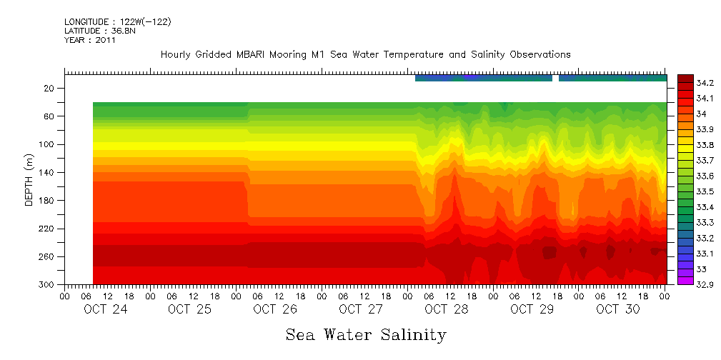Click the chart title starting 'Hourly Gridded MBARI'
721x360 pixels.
coord(365,55)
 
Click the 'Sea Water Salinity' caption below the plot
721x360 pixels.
coord(366,334)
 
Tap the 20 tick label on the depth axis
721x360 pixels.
coord(50,88)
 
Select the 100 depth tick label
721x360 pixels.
coord(48,144)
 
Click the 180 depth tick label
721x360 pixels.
coord(48,200)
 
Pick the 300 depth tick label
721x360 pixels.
coord(48,284)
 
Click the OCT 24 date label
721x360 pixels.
coord(105,309)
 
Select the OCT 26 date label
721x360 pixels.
coord(275,309)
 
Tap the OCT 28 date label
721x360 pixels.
coord(447,309)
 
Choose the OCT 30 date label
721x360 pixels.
coord(618,309)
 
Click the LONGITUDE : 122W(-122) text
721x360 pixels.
coord(118,22)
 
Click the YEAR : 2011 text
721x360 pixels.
coord(89,41)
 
